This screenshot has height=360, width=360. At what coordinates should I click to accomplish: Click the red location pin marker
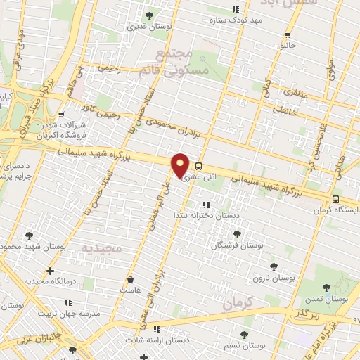coord(181,165)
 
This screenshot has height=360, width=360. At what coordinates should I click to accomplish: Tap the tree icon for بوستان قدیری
coord(148,15)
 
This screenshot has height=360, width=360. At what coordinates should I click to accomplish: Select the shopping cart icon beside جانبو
coord(287,35)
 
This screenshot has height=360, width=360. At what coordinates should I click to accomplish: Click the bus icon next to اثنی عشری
coord(198,167)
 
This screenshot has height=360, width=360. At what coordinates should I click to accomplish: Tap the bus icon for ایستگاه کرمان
coord(336,180)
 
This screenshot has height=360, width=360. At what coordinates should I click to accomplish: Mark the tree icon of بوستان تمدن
coord(326,287)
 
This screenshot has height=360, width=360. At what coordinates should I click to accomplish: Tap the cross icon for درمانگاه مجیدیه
coord(49,271)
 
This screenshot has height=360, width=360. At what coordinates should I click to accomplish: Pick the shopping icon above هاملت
coord(130,278)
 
